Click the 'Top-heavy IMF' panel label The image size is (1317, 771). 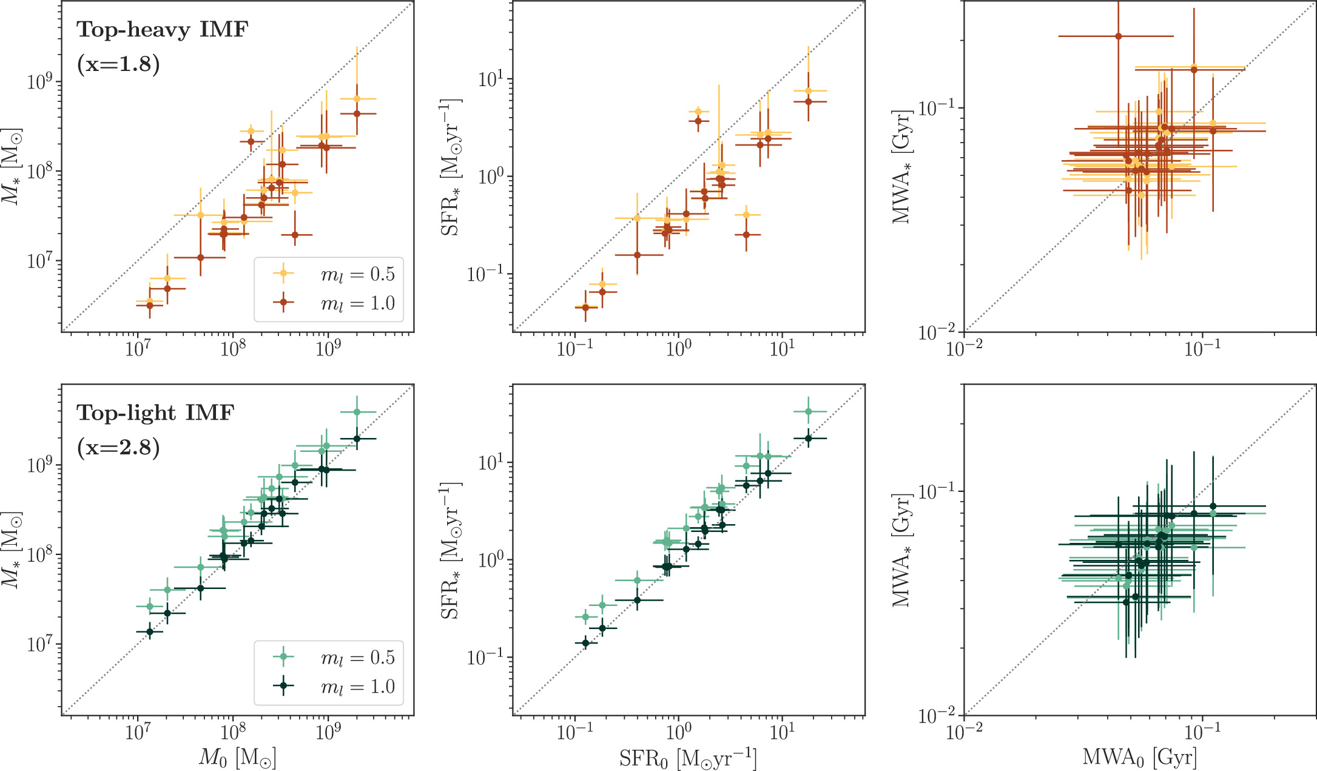tap(162, 30)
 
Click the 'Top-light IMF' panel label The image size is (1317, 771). tap(155, 413)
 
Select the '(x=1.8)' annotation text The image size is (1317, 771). tap(118, 64)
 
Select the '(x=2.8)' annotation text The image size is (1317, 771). tap(118, 448)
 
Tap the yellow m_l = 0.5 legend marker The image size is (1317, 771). tap(283, 274)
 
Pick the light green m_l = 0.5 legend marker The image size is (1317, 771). tap(283, 657)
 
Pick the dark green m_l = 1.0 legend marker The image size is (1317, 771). tap(283, 686)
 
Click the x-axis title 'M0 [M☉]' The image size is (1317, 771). tap(237, 758)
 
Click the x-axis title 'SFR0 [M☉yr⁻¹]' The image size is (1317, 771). tap(688, 758)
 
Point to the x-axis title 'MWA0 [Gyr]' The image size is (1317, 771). tap(1139, 758)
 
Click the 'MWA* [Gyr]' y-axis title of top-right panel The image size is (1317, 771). tap(901, 167)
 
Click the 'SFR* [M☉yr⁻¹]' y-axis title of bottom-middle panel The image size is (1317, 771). tap(451, 550)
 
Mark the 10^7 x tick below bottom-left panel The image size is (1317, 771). tap(138, 732)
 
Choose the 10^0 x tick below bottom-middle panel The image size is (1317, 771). tap(678, 732)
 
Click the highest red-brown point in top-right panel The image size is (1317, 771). tap(1118, 36)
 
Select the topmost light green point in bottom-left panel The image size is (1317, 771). tap(357, 412)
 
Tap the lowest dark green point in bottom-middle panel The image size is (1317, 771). tap(585, 643)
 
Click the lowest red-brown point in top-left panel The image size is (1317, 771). tap(150, 306)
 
